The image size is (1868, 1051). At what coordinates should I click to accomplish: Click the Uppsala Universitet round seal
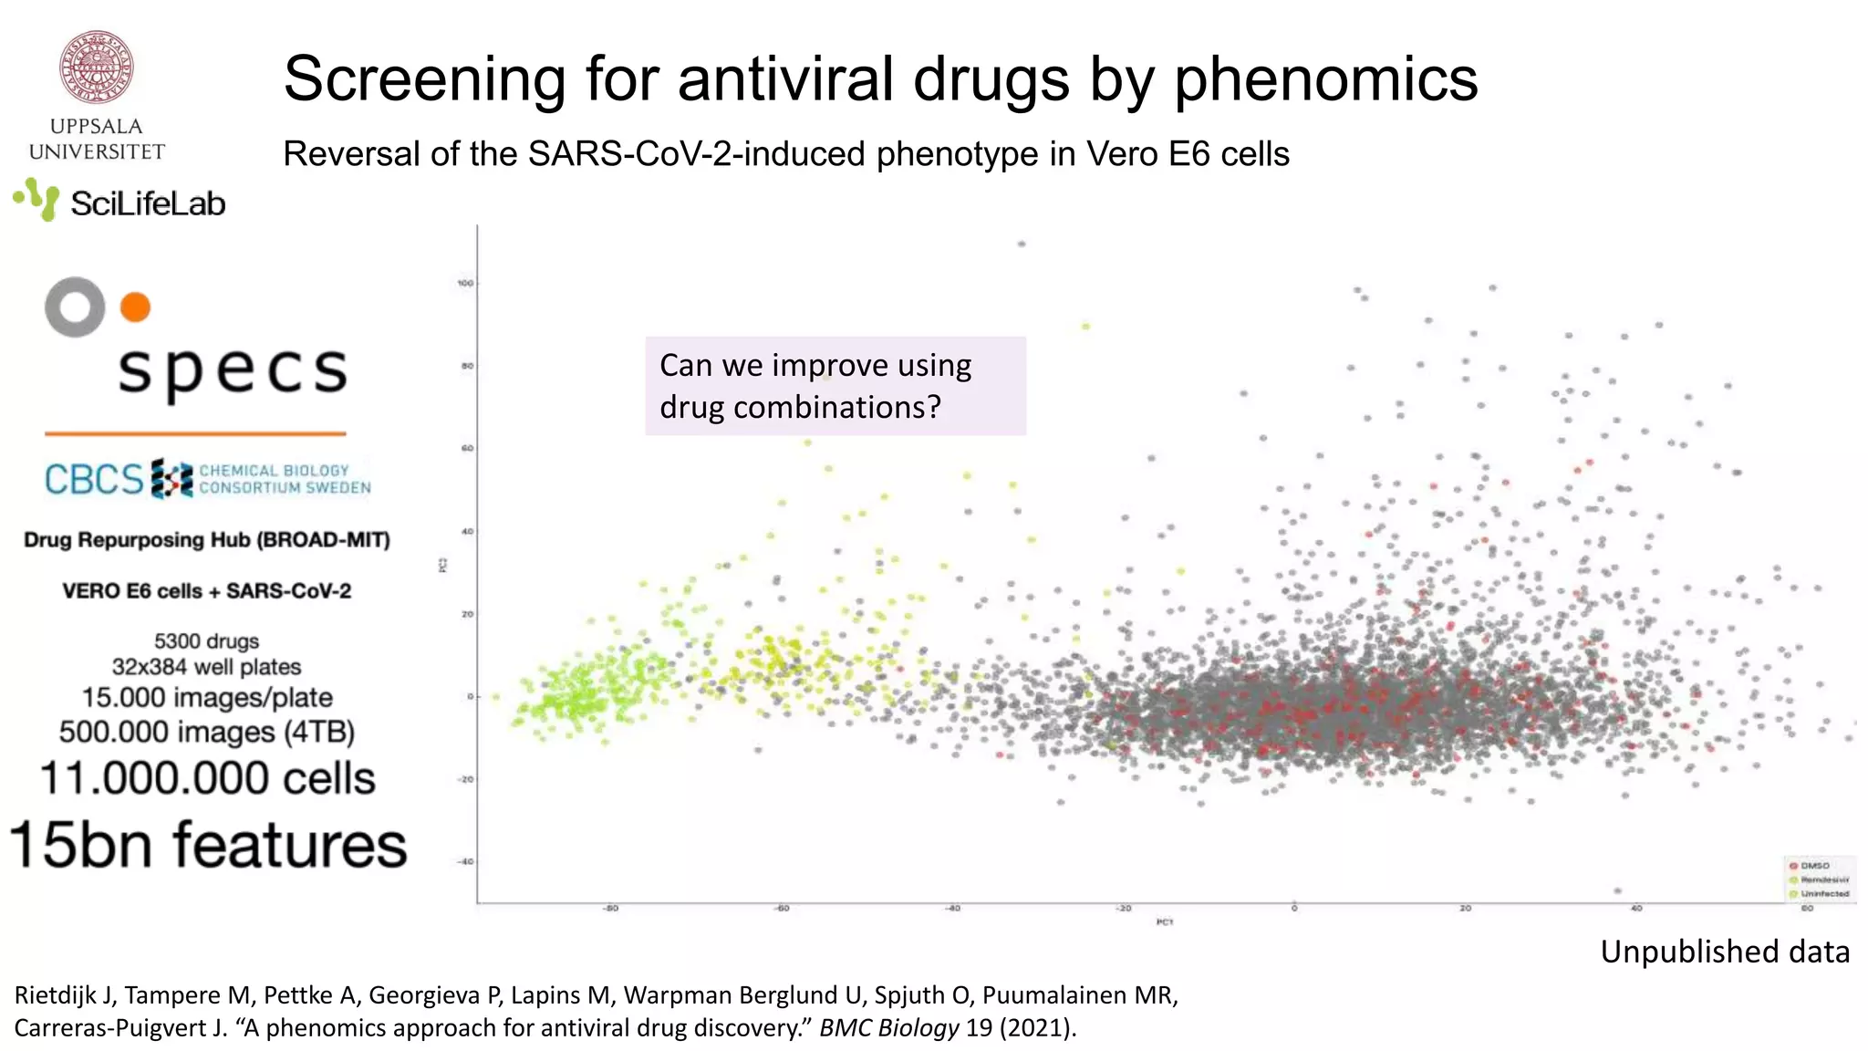click(x=97, y=68)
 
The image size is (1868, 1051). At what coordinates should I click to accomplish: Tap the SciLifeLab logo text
click(x=147, y=203)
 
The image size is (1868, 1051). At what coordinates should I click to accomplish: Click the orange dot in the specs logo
click(x=135, y=307)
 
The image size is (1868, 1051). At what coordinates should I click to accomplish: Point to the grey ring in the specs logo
click(x=75, y=307)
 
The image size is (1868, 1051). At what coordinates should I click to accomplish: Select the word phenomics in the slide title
click(x=1325, y=79)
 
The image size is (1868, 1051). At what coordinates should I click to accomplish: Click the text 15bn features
click(x=208, y=844)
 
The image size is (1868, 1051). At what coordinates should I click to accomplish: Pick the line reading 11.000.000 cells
click(x=208, y=778)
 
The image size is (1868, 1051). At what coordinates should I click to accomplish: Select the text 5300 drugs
click(x=207, y=641)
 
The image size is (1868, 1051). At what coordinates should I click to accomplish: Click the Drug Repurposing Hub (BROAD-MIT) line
click(x=207, y=540)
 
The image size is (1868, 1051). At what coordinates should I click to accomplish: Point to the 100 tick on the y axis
click(x=465, y=284)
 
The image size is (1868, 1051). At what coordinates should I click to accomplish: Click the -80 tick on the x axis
click(x=611, y=909)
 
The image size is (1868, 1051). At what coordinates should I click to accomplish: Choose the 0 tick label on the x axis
click(x=1294, y=909)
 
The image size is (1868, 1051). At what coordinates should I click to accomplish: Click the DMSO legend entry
click(x=1814, y=866)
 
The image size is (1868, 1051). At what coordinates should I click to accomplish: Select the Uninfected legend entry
click(x=1823, y=894)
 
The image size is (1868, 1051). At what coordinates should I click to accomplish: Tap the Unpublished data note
click(x=1725, y=952)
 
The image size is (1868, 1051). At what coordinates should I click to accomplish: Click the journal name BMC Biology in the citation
click(x=888, y=1028)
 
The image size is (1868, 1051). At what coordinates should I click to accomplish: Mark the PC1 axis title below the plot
click(x=1165, y=922)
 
